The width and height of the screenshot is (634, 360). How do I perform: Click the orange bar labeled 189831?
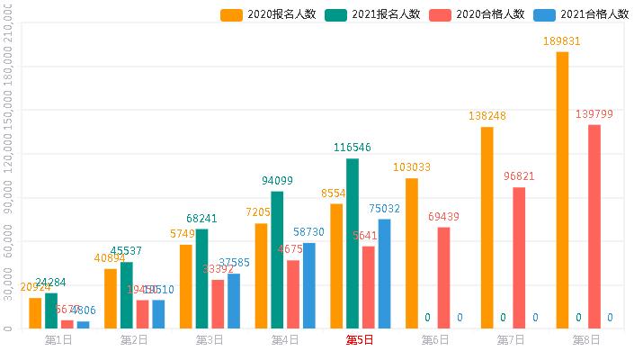pyautogui.click(x=562, y=189)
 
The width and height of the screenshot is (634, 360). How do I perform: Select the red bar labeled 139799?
pyautogui.click(x=594, y=226)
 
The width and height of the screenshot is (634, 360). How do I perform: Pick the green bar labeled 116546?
pyautogui.click(x=353, y=243)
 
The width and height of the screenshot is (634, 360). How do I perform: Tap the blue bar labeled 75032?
pyautogui.click(x=385, y=274)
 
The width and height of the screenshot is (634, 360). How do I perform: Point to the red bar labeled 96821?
pyautogui.click(x=519, y=257)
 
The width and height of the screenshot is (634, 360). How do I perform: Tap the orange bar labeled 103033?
pyautogui.click(x=411, y=253)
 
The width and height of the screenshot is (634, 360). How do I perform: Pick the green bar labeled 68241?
pyautogui.click(x=202, y=278)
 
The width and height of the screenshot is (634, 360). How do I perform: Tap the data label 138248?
pyautogui.click(x=487, y=116)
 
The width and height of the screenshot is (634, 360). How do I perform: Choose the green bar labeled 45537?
pyautogui.click(x=127, y=294)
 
